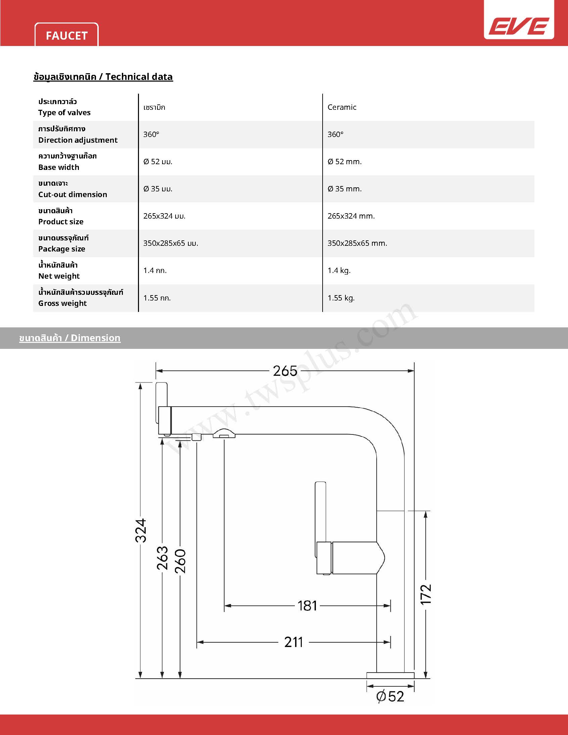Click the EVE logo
pos(519,26)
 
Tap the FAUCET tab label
pos(66,36)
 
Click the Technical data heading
pos(103,77)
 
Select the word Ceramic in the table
pos(341,107)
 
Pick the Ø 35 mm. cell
pos(344,189)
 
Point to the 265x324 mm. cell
pos(350,216)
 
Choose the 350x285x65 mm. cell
pos(357,243)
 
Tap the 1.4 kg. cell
pos(339,271)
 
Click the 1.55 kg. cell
pos(341,298)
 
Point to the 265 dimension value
pos(285,371)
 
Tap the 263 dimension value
pos(162,558)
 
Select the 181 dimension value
pos(307,606)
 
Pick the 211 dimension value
pos(293,642)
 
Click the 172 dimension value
pos(426,594)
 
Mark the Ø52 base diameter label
pos(390,696)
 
